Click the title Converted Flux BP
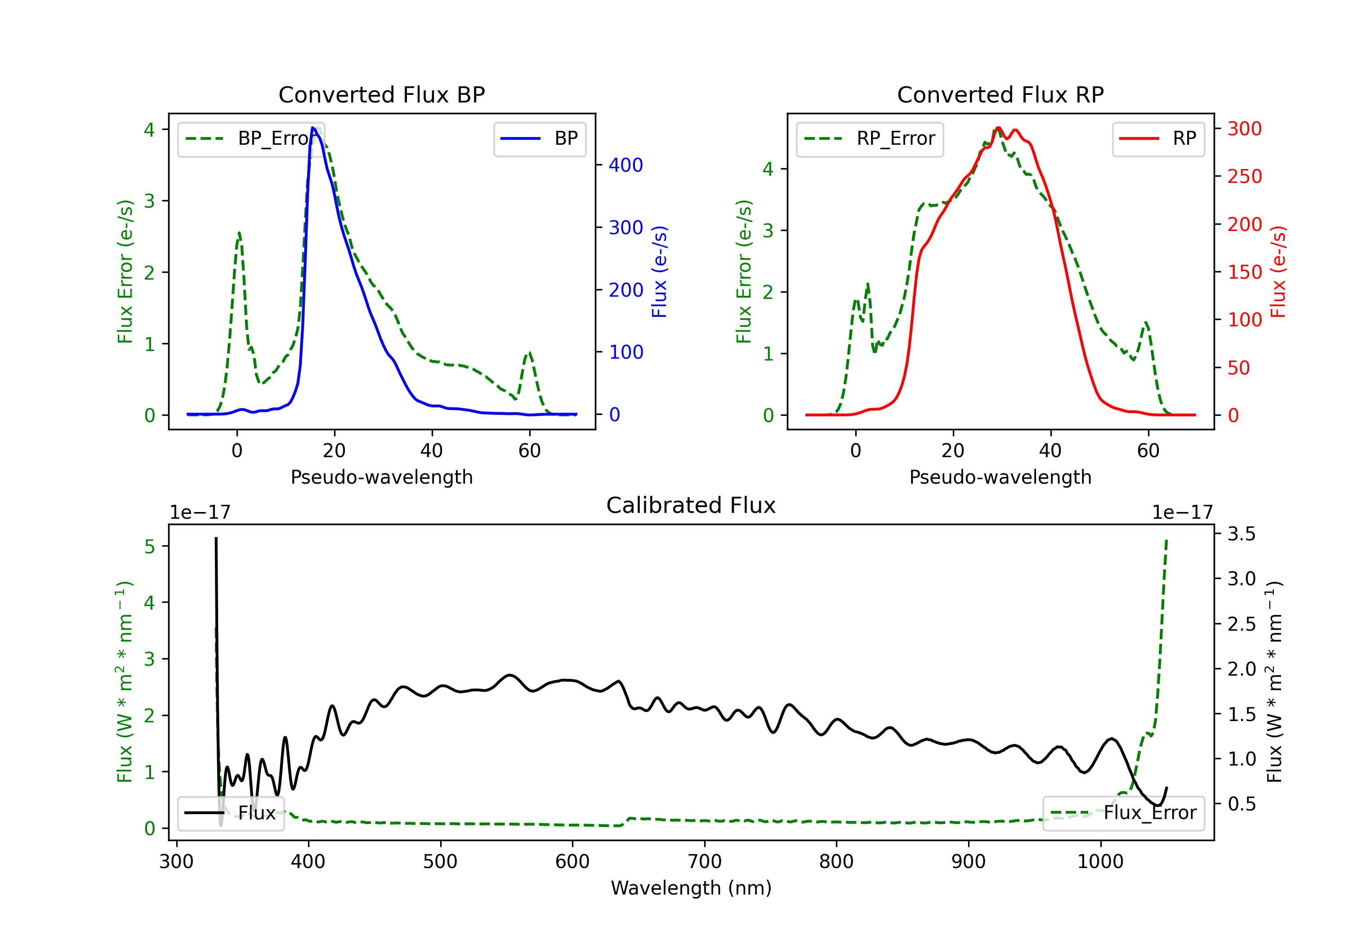click(382, 94)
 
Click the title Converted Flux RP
click(1001, 94)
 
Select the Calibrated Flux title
click(691, 505)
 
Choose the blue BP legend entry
click(539, 138)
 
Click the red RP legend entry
click(1158, 138)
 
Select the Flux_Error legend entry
click(1123, 813)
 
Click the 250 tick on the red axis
click(1244, 176)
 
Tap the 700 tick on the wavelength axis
click(705, 861)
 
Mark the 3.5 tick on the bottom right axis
click(1242, 534)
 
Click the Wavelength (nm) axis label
click(691, 888)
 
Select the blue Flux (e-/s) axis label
click(659, 272)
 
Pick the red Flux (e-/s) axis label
click(1278, 272)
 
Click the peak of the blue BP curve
click(313, 128)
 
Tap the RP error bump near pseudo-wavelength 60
click(1146, 322)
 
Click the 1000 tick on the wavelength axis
click(1100, 861)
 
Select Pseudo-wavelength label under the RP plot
click(1001, 477)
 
